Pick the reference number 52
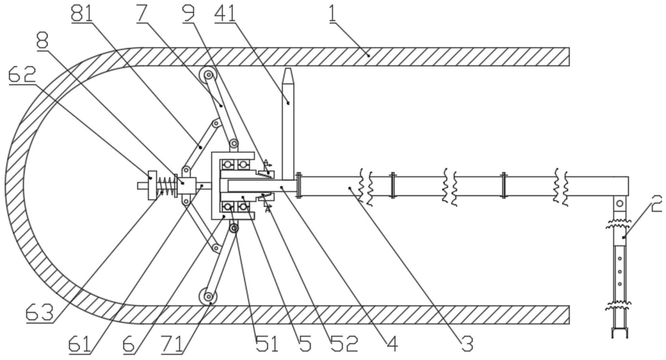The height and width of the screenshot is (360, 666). coord(344,343)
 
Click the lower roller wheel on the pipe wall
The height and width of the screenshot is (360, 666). coord(208,296)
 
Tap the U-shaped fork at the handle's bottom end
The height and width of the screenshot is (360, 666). coord(620,334)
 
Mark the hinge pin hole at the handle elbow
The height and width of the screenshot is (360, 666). coord(620,203)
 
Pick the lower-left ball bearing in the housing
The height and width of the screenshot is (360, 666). coord(228,207)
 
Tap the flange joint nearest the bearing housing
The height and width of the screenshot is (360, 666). coord(298,186)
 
